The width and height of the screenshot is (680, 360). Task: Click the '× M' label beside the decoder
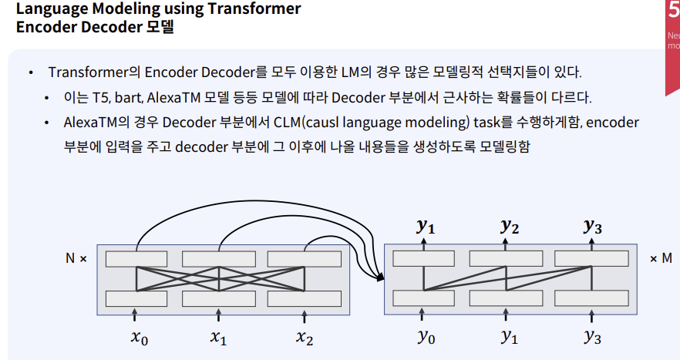(661, 259)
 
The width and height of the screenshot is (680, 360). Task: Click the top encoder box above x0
(136, 258)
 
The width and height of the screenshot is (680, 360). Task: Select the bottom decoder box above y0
(423, 298)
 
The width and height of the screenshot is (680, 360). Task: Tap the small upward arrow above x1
(220, 315)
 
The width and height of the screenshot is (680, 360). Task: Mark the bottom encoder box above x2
(305, 298)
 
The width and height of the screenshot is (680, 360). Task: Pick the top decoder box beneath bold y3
(591, 258)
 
